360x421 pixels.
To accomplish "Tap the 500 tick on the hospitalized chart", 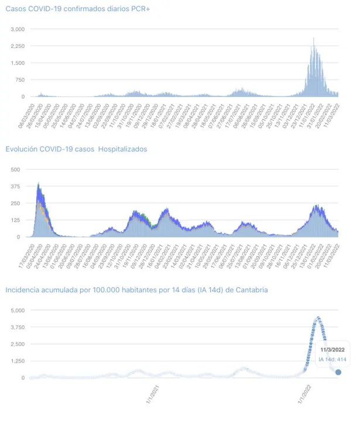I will coord(15,170).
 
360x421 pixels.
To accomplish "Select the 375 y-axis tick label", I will coord(15,187).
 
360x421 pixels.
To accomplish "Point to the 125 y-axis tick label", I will coord(15,220).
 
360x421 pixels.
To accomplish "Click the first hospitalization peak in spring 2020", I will coord(38,185).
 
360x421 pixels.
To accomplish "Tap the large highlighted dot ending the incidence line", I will coord(338,372).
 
